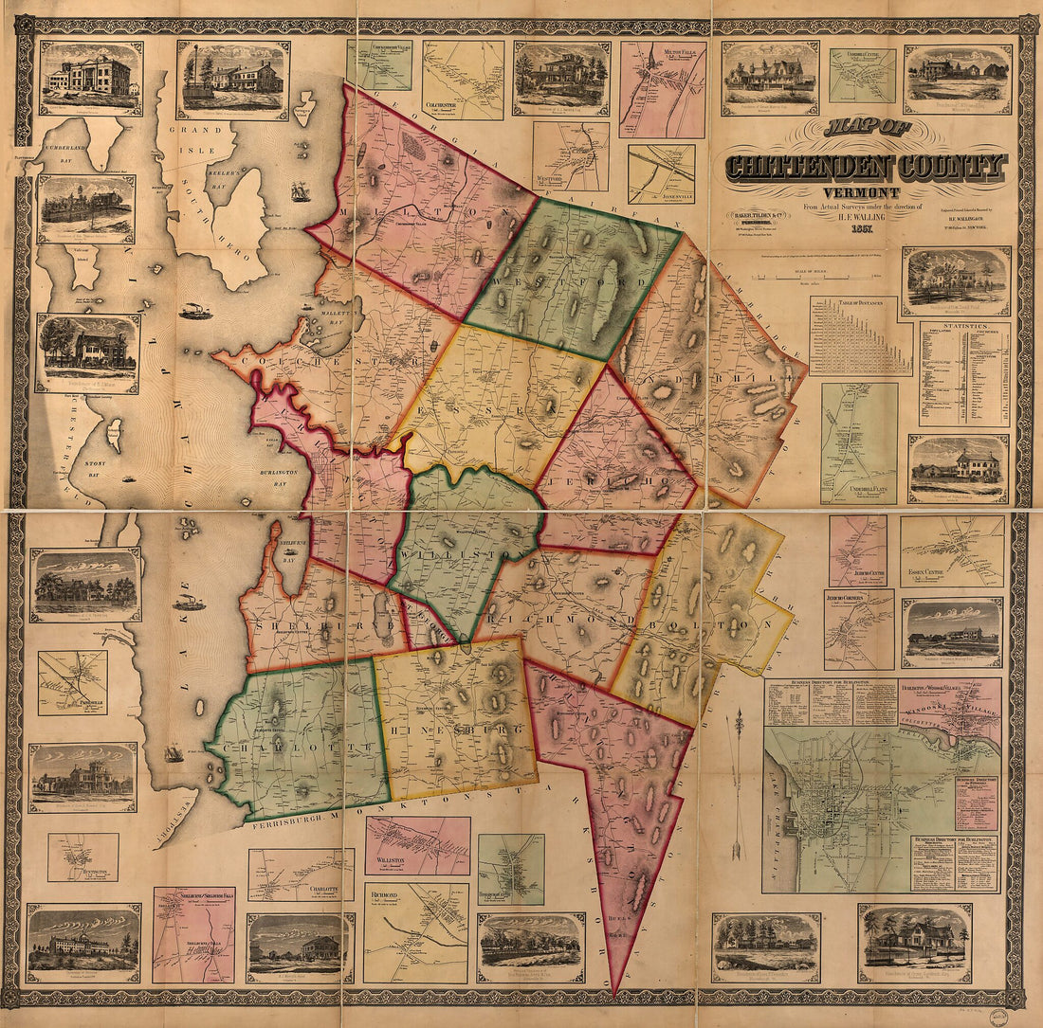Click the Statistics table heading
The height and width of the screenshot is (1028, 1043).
tap(964, 327)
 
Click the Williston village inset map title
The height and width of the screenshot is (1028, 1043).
tap(390, 859)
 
